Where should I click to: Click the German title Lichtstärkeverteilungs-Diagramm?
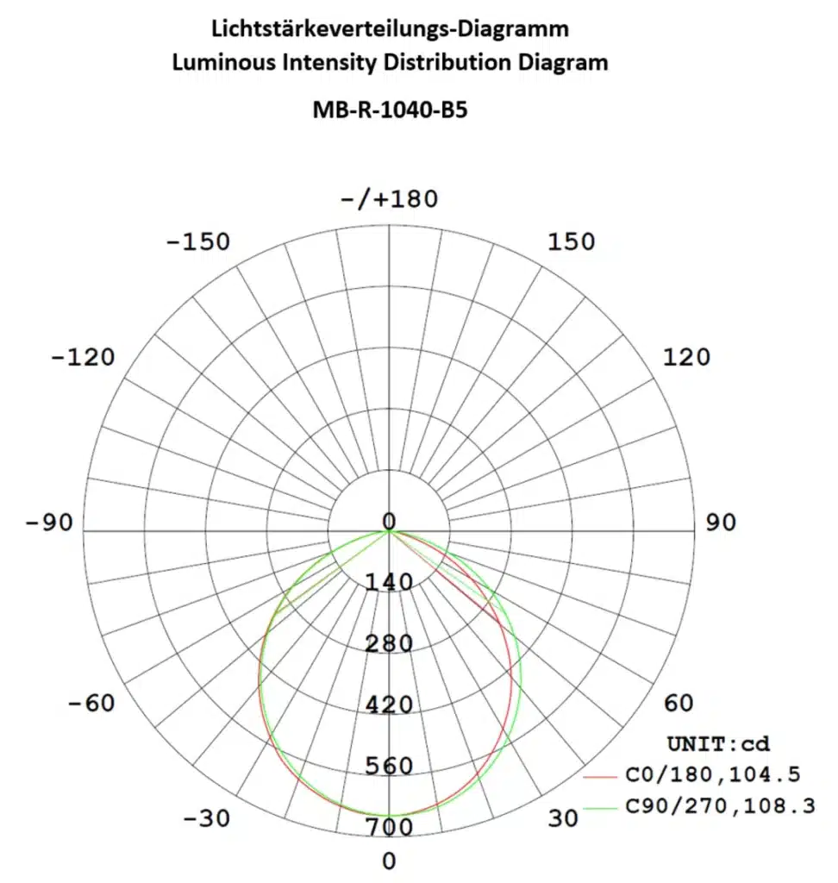(390, 28)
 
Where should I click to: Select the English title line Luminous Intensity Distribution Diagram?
(390, 62)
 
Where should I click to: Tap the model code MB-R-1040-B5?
(390, 110)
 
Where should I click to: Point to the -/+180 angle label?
(390, 199)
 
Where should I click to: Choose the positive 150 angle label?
(571, 241)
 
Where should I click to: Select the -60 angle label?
(91, 704)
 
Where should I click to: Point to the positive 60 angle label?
(679, 704)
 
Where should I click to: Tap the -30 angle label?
(207, 818)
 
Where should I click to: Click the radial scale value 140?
(390, 583)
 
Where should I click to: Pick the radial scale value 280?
(390, 644)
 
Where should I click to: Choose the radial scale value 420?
(390, 705)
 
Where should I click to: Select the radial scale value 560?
(390, 767)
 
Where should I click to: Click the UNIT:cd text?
(717, 743)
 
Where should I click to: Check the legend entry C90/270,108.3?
(719, 807)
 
